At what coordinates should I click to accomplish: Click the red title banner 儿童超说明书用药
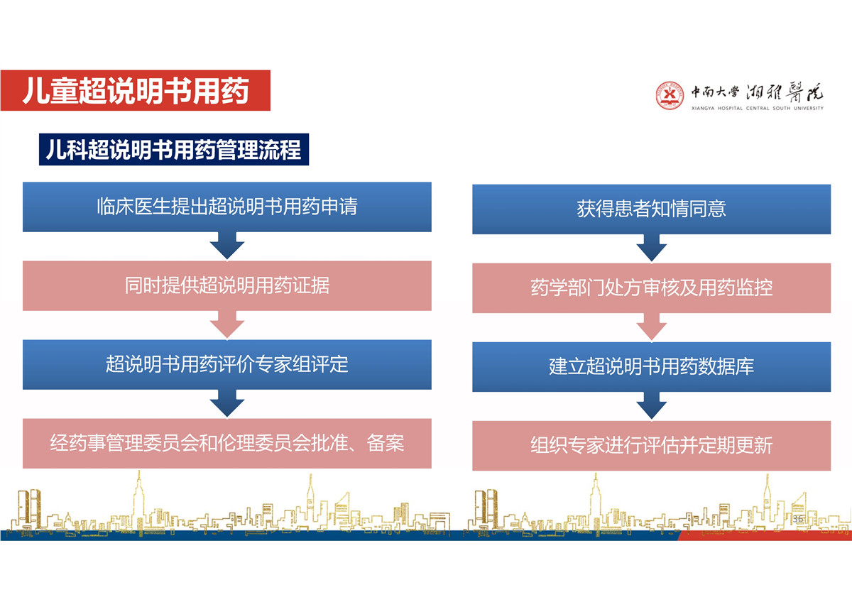coord(136,90)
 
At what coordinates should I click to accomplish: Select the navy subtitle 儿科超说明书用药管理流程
coord(174,150)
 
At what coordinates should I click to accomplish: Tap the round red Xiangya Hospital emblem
coord(670,95)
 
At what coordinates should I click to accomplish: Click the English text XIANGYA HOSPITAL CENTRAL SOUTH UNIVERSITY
coord(758,109)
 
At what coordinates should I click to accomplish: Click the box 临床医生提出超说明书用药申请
coord(227,207)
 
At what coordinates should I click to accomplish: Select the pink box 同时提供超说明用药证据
coord(227,285)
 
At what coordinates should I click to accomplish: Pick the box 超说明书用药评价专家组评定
coord(227,364)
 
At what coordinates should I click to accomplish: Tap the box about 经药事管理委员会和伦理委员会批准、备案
coord(227,444)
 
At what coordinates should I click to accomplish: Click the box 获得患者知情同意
coord(652,209)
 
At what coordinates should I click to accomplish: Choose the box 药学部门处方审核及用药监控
coord(652,288)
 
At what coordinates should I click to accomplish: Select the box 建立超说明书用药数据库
coord(652,367)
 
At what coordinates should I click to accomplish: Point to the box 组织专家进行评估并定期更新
coord(652,446)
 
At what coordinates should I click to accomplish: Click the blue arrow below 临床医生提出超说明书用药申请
coord(227,246)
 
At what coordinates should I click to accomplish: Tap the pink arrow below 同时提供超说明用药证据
coord(227,324)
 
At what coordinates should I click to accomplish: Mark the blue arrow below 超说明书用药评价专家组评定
coord(227,403)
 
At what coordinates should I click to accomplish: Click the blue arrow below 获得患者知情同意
coord(652,248)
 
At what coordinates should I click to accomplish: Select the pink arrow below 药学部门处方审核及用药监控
coord(652,327)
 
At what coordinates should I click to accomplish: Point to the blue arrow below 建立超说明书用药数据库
coord(652,406)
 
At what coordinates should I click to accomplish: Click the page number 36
coord(797,519)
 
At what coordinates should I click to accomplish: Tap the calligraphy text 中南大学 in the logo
coord(715,92)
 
